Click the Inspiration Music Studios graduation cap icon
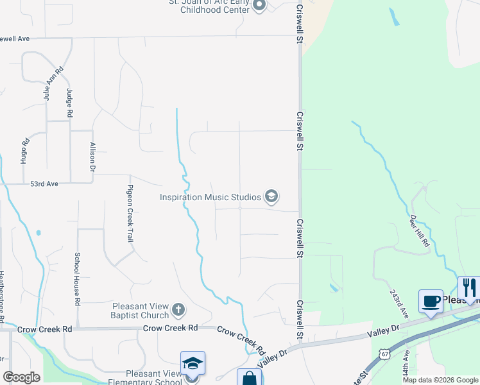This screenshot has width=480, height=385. (x=271, y=196)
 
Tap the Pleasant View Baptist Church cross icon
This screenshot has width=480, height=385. (x=178, y=311)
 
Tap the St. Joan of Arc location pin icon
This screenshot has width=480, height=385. (x=259, y=6)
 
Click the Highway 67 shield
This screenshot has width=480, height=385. (x=383, y=354)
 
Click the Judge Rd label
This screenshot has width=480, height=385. (x=69, y=103)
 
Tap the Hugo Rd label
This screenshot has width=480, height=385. (x=24, y=151)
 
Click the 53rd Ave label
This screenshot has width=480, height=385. (x=44, y=184)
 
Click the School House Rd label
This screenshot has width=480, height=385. (x=77, y=278)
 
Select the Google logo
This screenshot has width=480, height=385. (x=22, y=377)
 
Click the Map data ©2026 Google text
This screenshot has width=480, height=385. (x=440, y=380)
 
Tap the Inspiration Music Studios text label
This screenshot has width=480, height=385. (x=210, y=197)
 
